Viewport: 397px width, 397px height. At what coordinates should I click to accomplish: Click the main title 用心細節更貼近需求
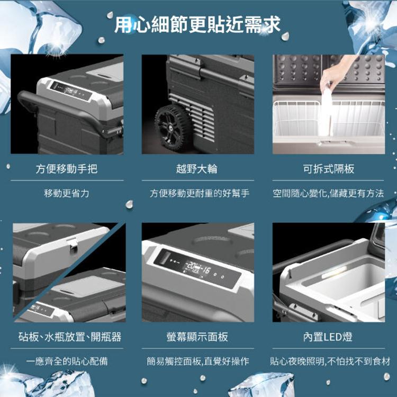197,24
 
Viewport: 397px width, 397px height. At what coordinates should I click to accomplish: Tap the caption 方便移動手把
67,169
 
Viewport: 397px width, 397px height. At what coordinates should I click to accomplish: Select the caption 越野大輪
197,169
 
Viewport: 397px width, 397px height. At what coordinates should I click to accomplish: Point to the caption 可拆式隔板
329,169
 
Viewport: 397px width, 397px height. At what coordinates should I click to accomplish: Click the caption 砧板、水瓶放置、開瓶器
70,337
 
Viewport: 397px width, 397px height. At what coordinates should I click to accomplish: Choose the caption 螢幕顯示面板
197,337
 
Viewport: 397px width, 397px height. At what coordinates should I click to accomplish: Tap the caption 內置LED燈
328,337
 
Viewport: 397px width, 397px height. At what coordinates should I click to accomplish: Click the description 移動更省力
67,193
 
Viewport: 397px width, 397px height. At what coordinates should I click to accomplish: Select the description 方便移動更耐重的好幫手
200,193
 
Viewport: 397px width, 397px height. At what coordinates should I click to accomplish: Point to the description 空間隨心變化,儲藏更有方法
328,193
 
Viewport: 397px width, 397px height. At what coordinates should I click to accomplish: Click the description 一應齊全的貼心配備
67,361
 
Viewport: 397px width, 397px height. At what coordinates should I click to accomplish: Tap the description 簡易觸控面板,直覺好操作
198,361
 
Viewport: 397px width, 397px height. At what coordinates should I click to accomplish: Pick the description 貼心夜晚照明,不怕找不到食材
330,361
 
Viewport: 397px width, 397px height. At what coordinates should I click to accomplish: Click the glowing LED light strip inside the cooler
334,272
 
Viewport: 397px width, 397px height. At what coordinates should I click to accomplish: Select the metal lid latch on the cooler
73,245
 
